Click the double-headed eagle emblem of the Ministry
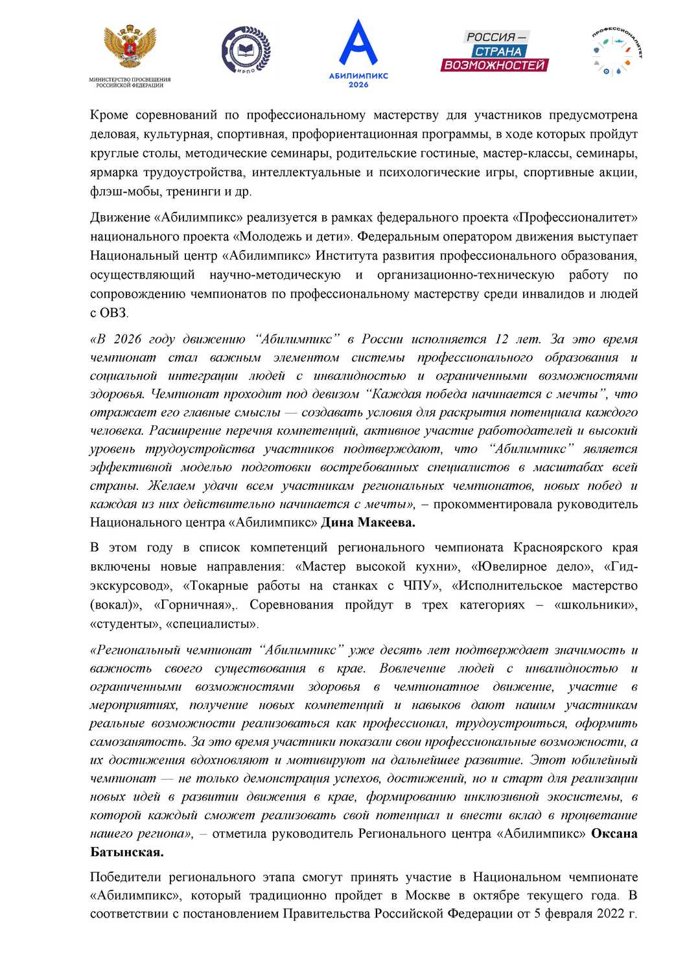[130, 47]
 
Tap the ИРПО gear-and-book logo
[246, 49]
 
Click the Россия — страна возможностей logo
[495, 51]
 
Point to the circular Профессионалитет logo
[618, 51]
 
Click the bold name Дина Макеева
[368, 522]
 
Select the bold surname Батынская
[126, 852]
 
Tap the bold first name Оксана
[614, 834]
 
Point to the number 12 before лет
[502, 340]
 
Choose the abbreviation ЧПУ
[417, 586]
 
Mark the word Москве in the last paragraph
[428, 896]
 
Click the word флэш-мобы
[126, 192]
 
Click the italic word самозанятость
[136, 742]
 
